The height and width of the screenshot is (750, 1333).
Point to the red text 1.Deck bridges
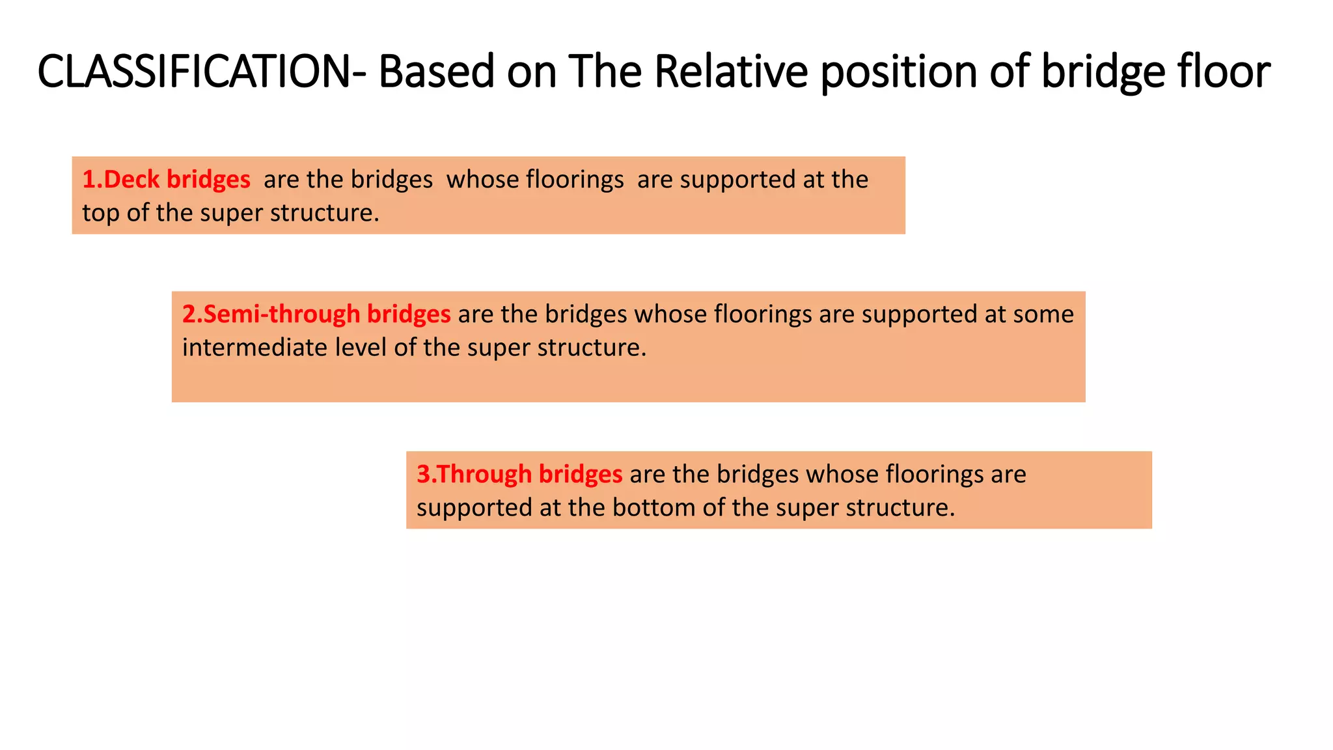166,179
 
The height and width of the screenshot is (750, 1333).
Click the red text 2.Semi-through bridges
316,314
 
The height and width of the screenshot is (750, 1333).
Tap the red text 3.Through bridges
519,474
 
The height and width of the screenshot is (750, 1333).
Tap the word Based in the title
437,71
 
